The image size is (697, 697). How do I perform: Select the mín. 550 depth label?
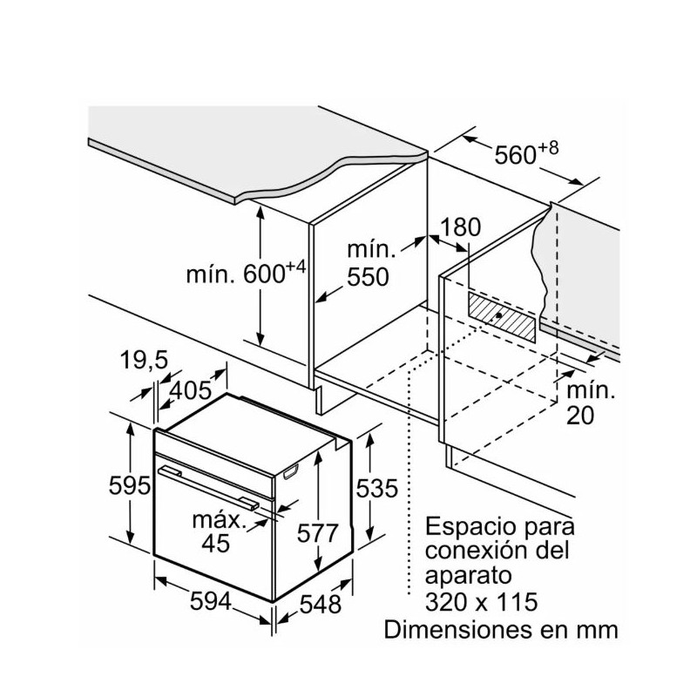click(x=368, y=264)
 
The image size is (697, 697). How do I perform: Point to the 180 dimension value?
click(x=461, y=228)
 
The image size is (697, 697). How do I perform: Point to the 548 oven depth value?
click(x=316, y=602)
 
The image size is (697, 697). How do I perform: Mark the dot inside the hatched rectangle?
click(x=497, y=315)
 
